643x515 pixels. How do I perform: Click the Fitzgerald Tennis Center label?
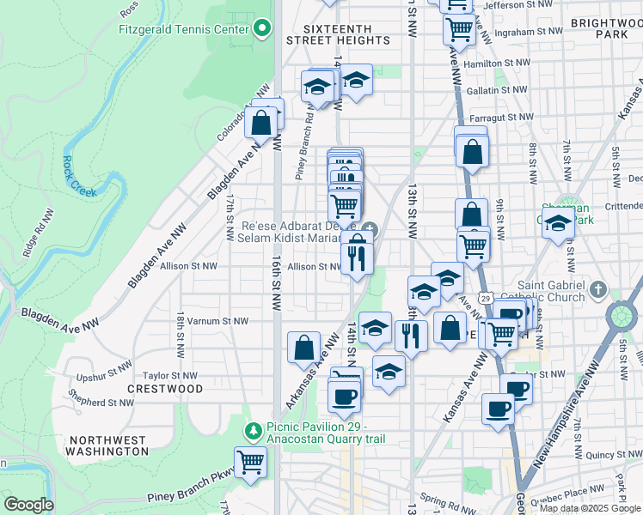coord(184,28)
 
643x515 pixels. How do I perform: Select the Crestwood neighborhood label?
coord(165,389)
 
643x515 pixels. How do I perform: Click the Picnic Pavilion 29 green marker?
coord(254,427)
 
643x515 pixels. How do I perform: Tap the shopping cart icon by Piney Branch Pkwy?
coord(250,462)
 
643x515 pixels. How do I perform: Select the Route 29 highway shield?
coord(486,297)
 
